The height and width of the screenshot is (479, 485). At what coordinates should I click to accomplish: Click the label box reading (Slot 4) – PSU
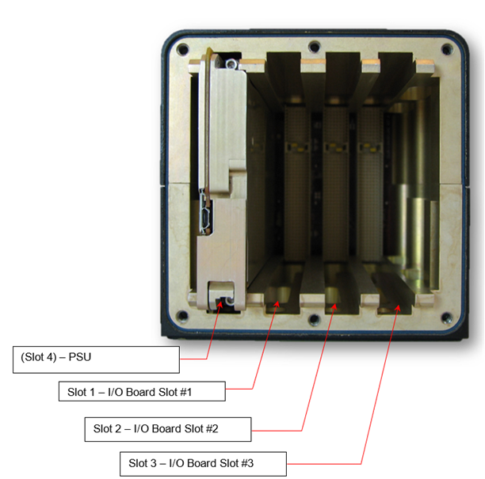96,359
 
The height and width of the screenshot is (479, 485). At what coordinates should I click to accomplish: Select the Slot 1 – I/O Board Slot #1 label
142,392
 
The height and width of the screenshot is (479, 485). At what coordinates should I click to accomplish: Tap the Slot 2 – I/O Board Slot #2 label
168,429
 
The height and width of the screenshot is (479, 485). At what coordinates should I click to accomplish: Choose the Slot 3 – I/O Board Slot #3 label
203,464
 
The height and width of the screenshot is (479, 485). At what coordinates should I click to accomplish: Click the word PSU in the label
80,357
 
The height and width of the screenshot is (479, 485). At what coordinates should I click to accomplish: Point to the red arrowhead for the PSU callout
220,304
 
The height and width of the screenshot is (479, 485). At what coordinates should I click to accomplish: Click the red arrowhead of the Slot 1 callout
277,304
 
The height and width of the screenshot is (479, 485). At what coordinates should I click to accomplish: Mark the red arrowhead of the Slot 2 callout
334,306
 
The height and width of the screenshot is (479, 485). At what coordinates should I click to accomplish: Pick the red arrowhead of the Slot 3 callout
399,308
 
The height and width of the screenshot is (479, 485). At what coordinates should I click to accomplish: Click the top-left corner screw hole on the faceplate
182,49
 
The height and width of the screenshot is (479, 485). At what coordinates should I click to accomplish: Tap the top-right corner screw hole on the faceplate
447,49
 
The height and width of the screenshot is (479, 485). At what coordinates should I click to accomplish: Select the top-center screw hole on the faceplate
315,47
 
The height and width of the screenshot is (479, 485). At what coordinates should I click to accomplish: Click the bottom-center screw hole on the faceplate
315,319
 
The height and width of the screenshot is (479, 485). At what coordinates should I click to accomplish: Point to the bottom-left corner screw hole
182,316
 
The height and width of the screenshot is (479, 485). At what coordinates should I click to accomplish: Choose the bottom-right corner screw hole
447,317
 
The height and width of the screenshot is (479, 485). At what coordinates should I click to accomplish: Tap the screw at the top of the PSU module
231,64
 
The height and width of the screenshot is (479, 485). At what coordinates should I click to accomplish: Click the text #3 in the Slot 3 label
247,463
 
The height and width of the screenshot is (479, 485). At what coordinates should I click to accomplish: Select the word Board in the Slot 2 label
166,428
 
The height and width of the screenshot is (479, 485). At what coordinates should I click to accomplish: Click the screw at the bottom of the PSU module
230,300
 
